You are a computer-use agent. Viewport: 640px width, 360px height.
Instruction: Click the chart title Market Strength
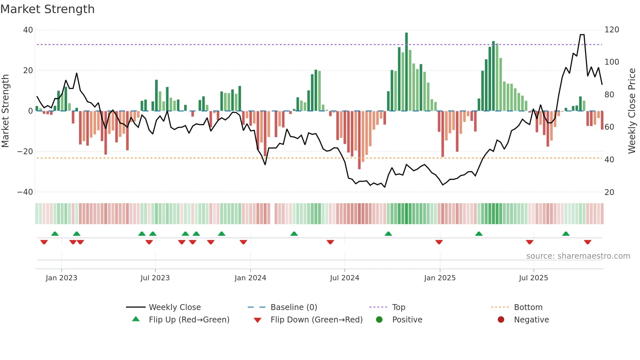[47, 9]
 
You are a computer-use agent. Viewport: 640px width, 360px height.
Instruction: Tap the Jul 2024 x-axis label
[344, 278]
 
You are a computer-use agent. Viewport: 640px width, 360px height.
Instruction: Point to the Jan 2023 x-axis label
[61, 278]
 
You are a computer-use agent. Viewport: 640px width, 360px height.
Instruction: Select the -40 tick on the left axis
[25, 192]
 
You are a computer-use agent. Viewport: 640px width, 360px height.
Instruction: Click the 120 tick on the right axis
[612, 30]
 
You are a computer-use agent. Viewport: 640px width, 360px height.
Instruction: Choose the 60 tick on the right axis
[609, 127]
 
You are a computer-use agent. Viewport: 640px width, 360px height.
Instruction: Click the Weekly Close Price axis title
[632, 111]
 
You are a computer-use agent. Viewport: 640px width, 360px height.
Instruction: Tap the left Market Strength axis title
[5, 111]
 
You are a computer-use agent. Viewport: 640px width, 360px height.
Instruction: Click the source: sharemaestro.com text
[578, 256]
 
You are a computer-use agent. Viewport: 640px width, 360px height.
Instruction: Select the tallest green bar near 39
[407, 72]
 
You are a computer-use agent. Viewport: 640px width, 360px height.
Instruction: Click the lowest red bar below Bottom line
[359, 140]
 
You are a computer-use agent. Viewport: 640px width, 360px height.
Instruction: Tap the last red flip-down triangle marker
[587, 242]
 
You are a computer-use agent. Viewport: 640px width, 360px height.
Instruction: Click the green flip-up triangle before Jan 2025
[388, 234]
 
